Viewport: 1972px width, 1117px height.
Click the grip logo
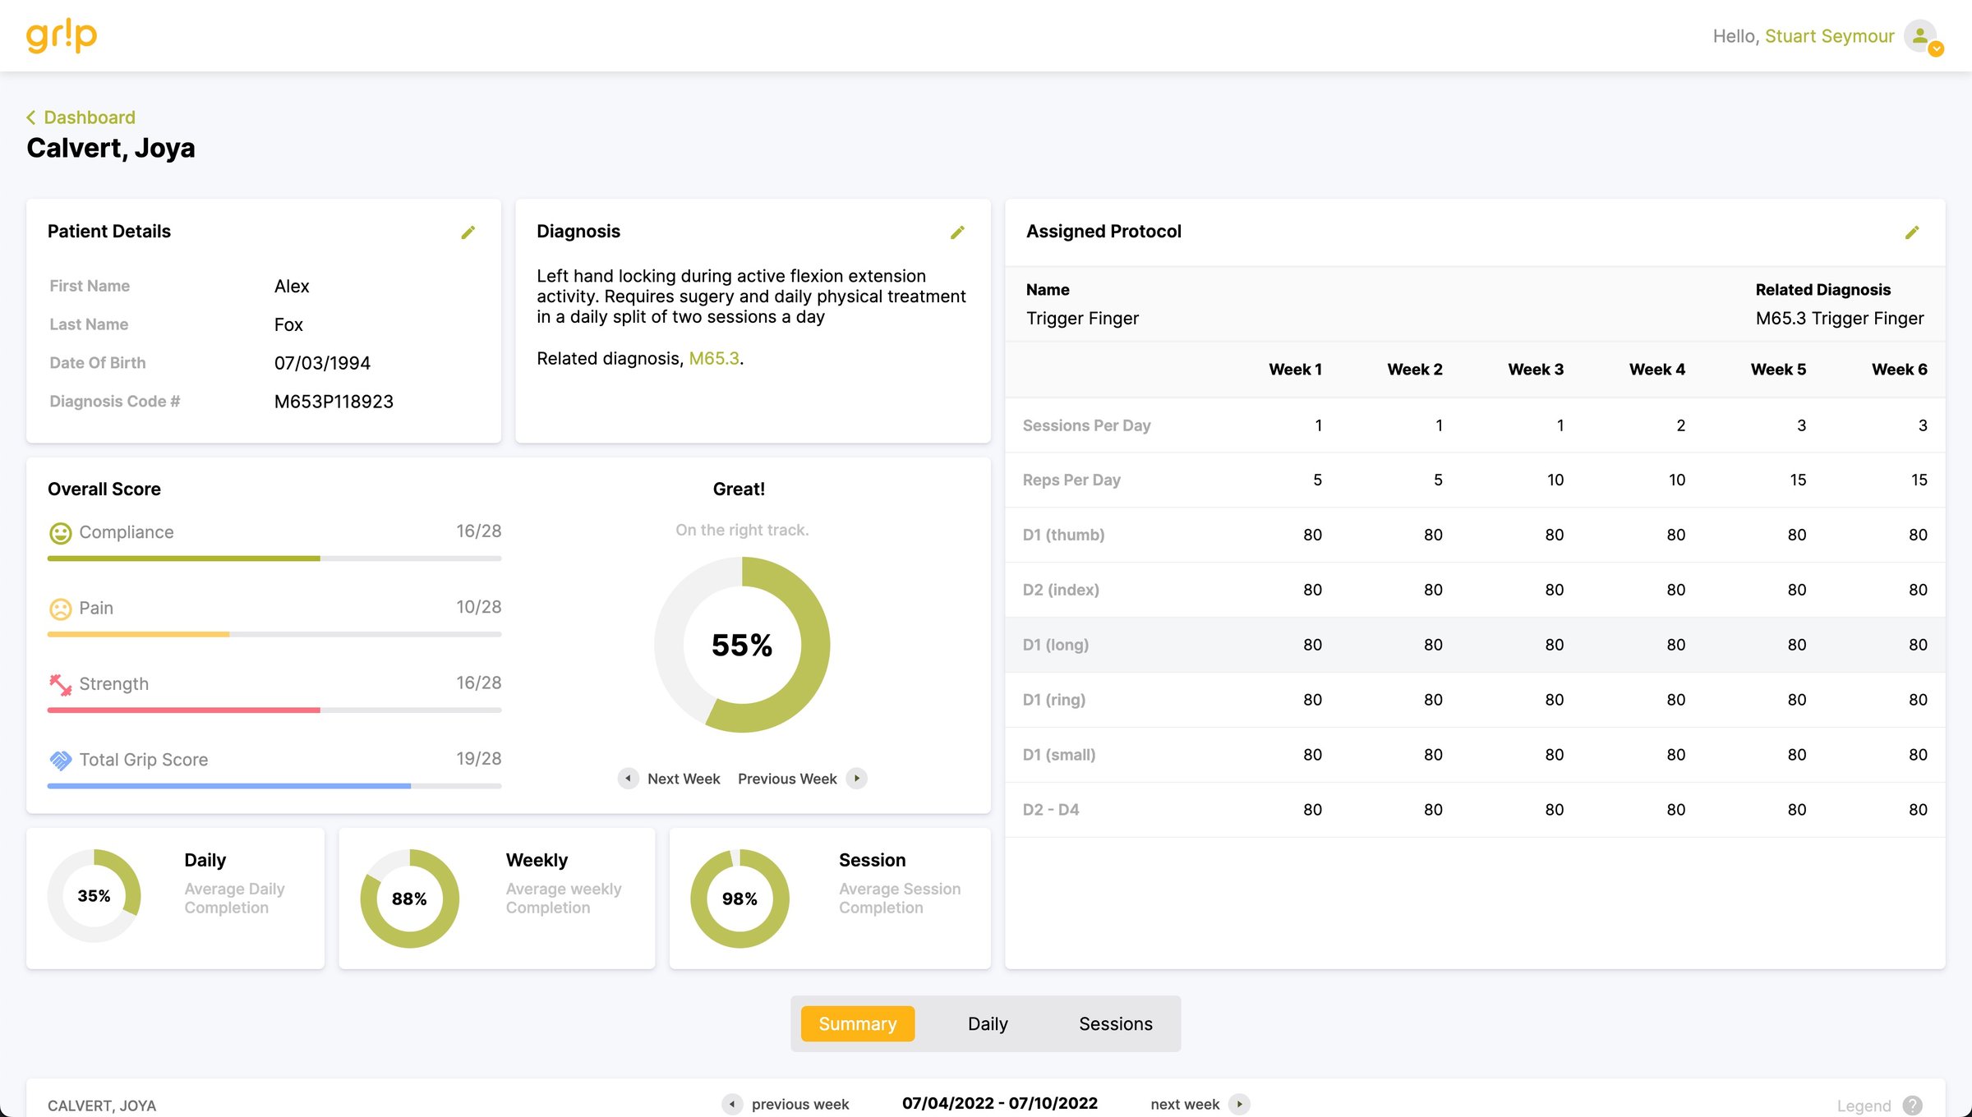[62, 36]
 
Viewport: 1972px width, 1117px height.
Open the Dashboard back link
[89, 117]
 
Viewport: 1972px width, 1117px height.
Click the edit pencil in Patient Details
[468, 232]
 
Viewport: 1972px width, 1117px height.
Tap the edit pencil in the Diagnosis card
[957, 232]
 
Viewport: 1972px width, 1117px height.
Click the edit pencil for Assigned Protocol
[1912, 232]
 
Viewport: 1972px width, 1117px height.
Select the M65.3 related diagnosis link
[713, 359]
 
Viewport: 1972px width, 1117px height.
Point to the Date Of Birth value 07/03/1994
[322, 363]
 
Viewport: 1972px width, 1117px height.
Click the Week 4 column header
[1656, 370]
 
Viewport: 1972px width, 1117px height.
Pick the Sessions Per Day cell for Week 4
[1680, 425]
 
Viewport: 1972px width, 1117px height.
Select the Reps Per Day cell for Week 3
[1555, 480]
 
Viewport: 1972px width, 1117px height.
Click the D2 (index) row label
[1061, 590]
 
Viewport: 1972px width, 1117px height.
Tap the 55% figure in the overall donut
[742, 645]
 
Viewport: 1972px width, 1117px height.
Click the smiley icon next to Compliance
[60, 533]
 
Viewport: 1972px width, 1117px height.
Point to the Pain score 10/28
[478, 607]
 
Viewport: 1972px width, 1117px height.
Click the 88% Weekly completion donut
[409, 899]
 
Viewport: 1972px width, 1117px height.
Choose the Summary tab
[857, 1024]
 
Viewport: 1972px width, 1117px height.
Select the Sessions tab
[1115, 1024]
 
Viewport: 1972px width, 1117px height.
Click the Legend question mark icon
[1912, 1106]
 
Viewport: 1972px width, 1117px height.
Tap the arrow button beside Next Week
[628, 779]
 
